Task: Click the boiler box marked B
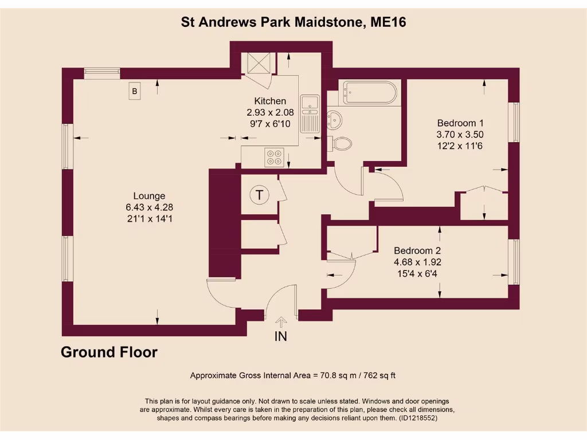click(135, 91)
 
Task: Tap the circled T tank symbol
click(260, 195)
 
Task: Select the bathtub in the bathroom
click(370, 92)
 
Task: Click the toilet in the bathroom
click(340, 143)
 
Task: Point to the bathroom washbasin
click(334, 119)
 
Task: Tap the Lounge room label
click(149, 195)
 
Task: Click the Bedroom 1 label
click(460, 123)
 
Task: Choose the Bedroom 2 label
click(417, 250)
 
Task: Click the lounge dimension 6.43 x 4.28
click(149, 207)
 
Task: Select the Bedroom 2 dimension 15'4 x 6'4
click(417, 273)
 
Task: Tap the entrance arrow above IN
click(281, 323)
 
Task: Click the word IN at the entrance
click(281, 336)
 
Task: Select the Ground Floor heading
click(109, 352)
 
